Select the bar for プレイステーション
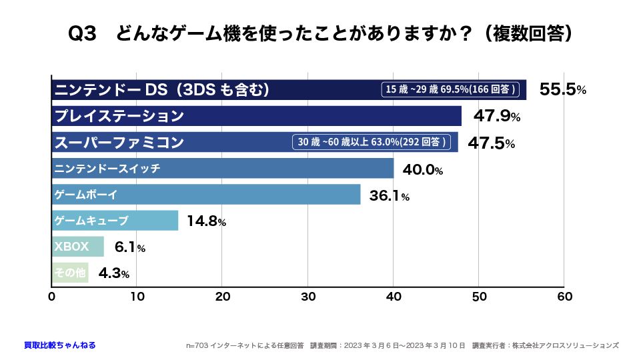coord(257,116)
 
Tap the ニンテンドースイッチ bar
coord(223,169)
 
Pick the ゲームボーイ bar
coord(206,195)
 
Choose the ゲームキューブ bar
coord(115,221)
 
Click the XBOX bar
coord(78,247)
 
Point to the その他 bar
coord(70,273)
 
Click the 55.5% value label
coord(562,90)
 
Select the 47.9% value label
coord(497,117)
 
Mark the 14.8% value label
coord(206,222)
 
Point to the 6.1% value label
coord(130,247)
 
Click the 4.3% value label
coord(114,273)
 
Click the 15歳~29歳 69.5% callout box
coord(452,89)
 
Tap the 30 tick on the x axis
coord(308,296)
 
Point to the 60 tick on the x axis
coord(564,296)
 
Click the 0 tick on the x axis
coord(52,296)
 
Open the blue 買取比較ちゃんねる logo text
coord(59,345)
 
